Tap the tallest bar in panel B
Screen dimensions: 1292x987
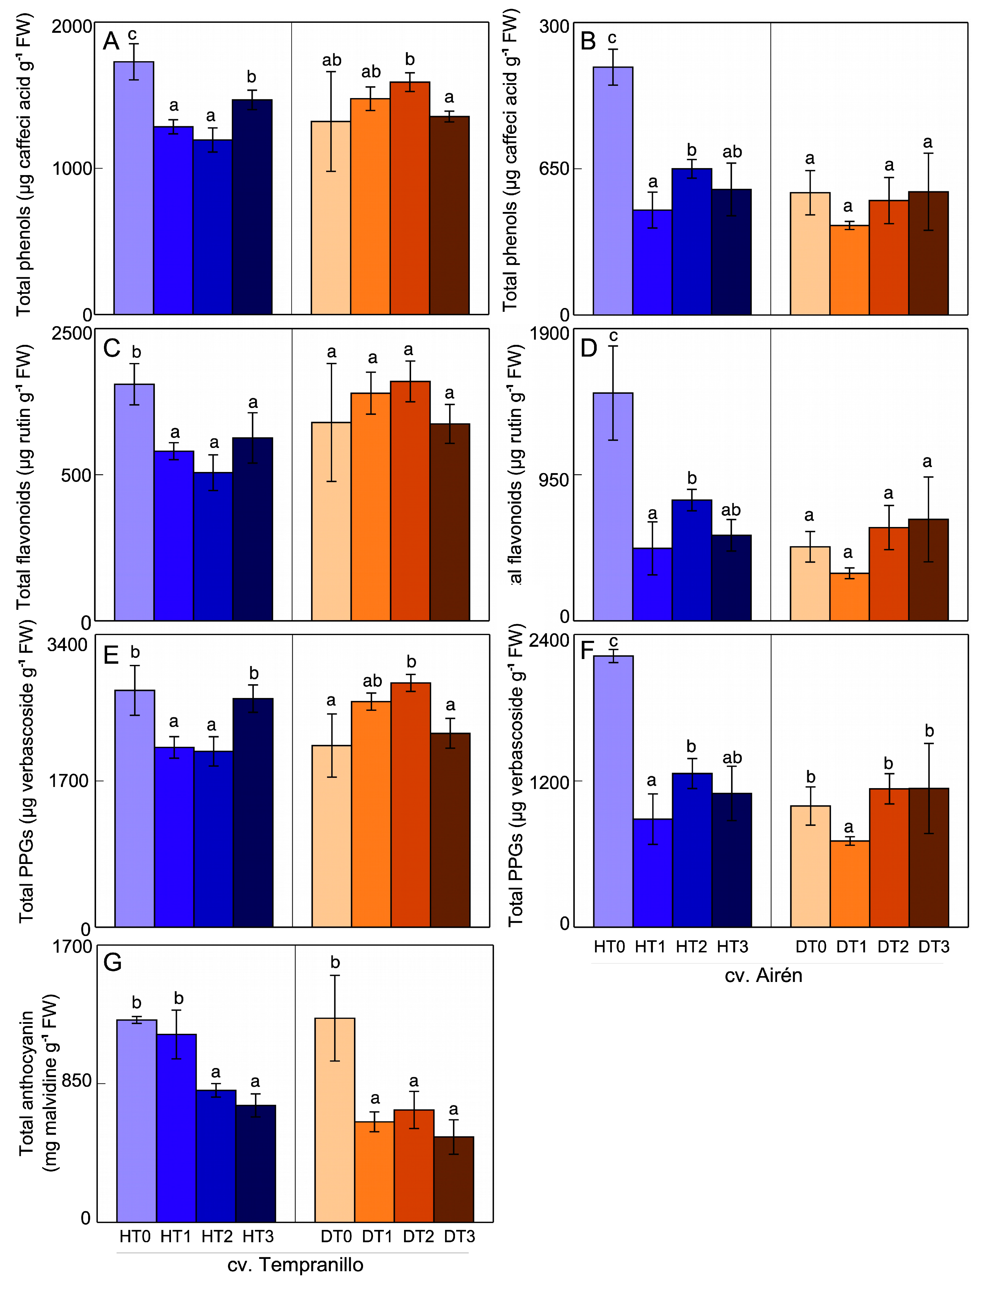pos(613,191)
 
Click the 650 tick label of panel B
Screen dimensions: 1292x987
pos(554,169)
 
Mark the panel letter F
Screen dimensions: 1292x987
pos(587,651)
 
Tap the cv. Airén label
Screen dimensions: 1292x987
pos(763,975)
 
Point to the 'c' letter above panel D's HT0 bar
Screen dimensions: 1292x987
pos(613,336)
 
